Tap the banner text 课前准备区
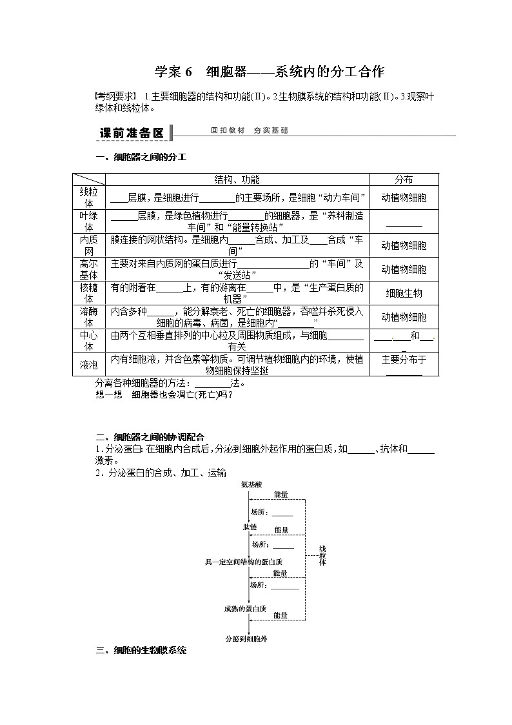pyautogui.click(x=132, y=133)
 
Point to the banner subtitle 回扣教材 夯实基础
pyautogui.click(x=249, y=130)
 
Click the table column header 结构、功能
pyautogui.click(x=237, y=179)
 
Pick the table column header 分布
pyautogui.click(x=404, y=179)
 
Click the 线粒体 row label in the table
pyautogui.click(x=88, y=198)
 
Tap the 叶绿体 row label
pyautogui.click(x=88, y=221)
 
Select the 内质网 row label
pyautogui.click(x=88, y=245)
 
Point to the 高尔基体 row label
pyautogui.click(x=88, y=269)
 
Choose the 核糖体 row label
pyautogui.click(x=88, y=293)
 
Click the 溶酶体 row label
pyautogui.click(x=88, y=317)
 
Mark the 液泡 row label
pyautogui.click(x=88, y=365)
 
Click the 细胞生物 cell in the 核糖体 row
pyautogui.click(x=404, y=293)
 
